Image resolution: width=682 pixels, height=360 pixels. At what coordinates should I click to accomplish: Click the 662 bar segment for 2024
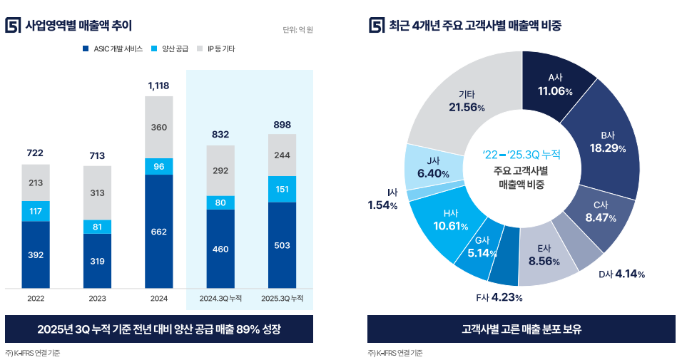(158, 231)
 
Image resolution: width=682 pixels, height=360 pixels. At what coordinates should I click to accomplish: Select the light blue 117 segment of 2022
(36, 211)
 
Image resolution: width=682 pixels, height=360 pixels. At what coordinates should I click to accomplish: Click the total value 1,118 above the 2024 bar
(158, 86)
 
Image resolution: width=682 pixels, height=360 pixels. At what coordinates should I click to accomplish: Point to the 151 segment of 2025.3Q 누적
(282, 189)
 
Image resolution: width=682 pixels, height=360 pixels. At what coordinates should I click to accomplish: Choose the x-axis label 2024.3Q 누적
(220, 298)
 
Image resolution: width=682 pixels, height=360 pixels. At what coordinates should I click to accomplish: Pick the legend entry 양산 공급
(174, 49)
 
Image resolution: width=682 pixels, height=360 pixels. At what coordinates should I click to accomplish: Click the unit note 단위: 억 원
(297, 30)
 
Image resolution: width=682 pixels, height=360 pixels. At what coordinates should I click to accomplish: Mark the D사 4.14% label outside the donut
(621, 274)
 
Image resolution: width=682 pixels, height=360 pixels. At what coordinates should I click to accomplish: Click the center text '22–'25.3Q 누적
(521, 154)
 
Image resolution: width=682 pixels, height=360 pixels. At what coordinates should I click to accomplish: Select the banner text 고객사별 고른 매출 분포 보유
(521, 329)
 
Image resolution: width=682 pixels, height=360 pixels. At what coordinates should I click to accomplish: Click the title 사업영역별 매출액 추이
(78, 26)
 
